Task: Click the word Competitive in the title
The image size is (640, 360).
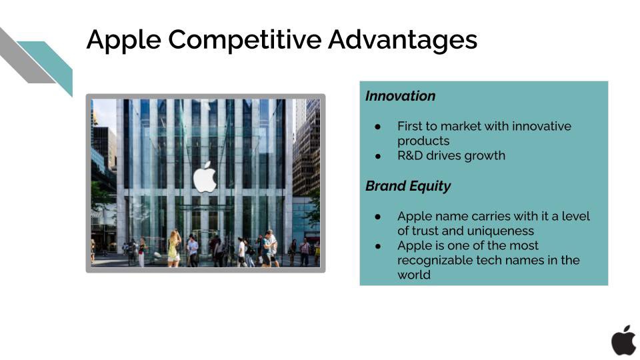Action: pyautogui.click(x=245, y=40)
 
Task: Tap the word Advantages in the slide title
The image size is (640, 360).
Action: pyautogui.click(x=403, y=40)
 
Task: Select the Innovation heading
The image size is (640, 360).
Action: pyautogui.click(x=400, y=96)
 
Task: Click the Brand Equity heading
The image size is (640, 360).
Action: pyautogui.click(x=408, y=186)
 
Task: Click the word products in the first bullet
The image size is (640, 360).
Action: pyautogui.click(x=423, y=141)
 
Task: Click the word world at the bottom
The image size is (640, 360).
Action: pyautogui.click(x=414, y=275)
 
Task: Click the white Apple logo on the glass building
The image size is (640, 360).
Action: pyautogui.click(x=205, y=177)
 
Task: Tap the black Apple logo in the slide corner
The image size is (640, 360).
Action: pyautogui.click(x=623, y=340)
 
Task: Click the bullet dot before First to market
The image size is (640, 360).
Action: pyautogui.click(x=378, y=127)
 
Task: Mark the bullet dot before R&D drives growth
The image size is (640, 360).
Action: pyautogui.click(x=378, y=156)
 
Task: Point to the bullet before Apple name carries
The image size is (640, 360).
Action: pyautogui.click(x=378, y=217)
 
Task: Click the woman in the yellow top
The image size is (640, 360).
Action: pyautogui.click(x=174, y=248)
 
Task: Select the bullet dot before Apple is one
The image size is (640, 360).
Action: pyautogui.click(x=378, y=246)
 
